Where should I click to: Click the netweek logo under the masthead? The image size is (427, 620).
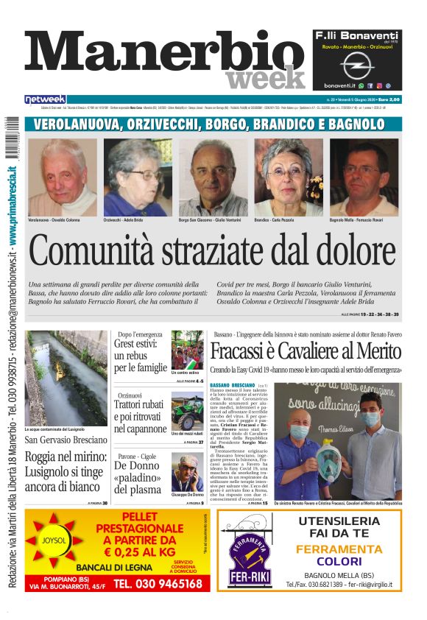46,99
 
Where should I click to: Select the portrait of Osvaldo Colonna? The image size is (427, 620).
63,177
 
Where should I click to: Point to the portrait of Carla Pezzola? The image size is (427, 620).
289,177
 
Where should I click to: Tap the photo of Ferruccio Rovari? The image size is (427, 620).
364,177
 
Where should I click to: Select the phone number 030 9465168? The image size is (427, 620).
158,583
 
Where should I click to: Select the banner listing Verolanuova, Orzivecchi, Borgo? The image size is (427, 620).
213,124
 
